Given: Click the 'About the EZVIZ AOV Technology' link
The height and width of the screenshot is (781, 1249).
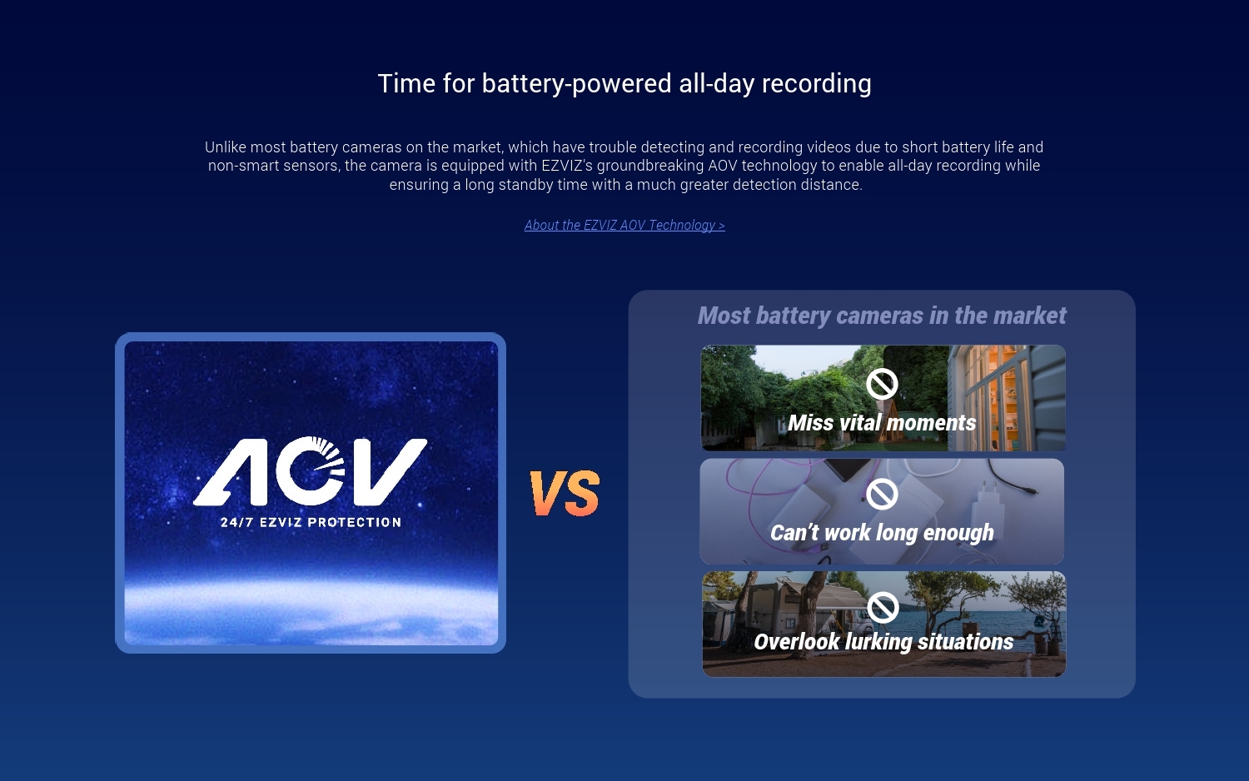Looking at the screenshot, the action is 624,225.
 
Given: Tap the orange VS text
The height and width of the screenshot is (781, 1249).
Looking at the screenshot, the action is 565,493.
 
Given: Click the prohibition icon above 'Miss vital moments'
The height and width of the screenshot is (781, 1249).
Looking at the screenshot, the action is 882,384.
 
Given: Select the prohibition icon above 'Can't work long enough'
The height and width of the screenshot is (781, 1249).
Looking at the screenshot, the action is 882,494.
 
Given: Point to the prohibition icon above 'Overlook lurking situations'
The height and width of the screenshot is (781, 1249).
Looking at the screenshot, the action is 883,607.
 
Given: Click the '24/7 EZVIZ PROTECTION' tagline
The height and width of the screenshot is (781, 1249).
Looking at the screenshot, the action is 311,522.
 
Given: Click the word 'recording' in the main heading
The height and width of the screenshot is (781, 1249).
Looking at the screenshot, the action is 816,83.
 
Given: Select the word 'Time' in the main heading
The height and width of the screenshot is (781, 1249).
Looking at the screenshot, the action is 406,83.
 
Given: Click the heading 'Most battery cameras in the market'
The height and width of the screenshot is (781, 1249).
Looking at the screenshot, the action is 882,316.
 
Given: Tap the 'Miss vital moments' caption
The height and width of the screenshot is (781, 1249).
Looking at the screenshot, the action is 882,422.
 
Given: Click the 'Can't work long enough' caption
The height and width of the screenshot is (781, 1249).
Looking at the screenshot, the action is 882,532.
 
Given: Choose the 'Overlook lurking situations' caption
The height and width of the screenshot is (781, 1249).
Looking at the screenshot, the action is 883,642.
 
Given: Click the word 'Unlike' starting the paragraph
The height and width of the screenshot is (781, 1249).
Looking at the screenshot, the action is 226,147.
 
